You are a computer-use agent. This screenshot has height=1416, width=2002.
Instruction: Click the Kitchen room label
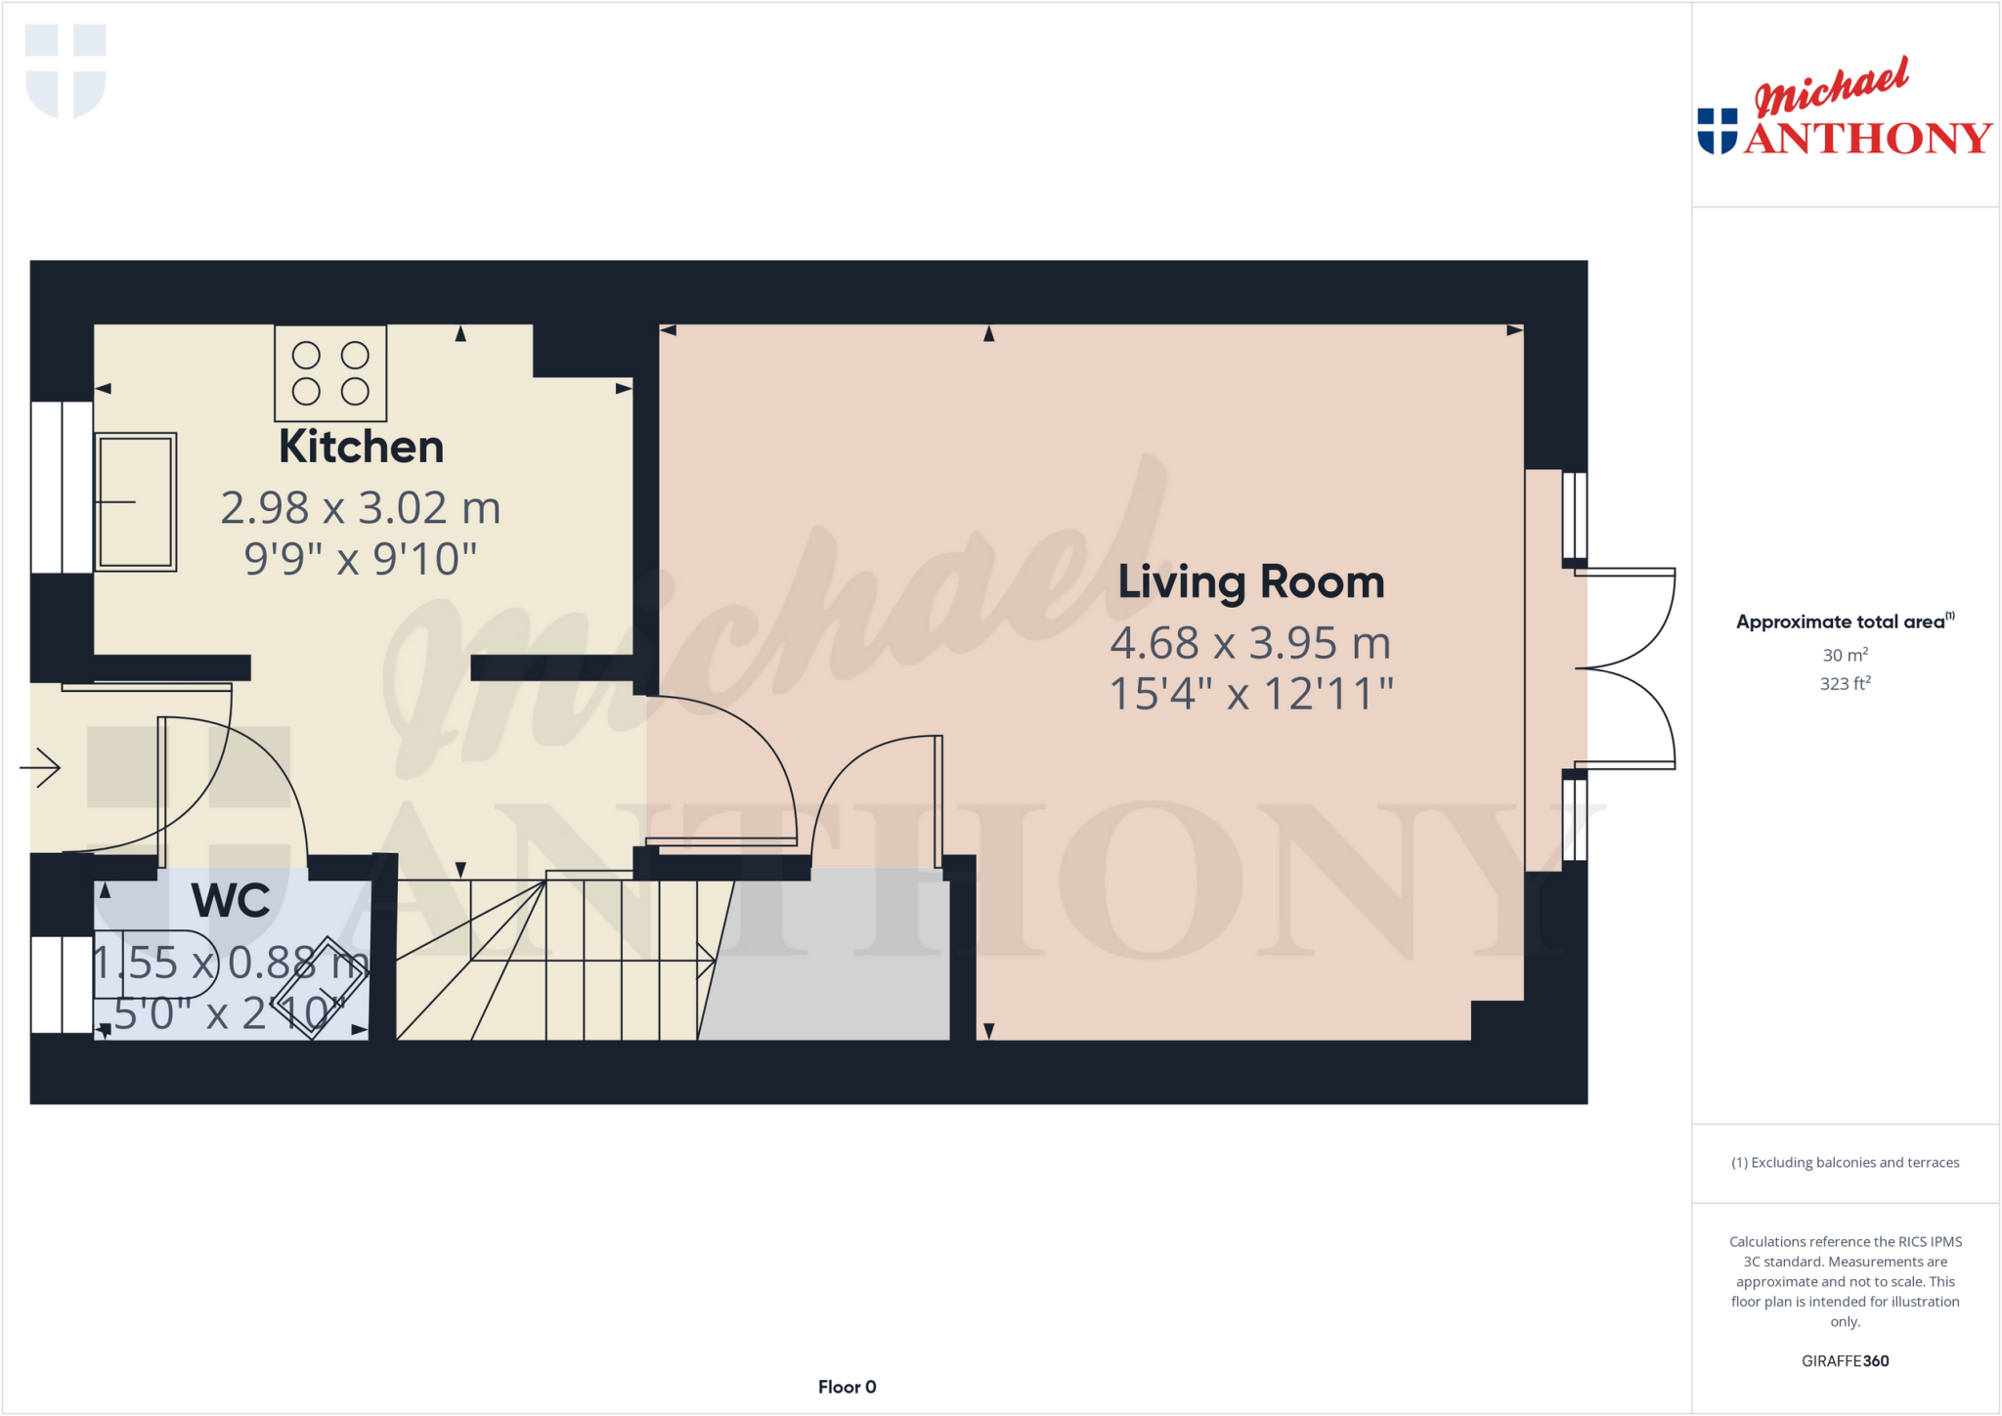361,447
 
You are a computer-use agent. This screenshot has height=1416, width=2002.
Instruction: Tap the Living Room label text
1250,582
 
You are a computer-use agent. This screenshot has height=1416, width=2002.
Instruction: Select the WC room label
231,900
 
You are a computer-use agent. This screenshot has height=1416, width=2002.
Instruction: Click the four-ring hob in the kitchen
330,373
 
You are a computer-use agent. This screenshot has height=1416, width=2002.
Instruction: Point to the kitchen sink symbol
136,501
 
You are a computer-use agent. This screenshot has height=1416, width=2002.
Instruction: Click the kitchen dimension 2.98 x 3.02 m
361,508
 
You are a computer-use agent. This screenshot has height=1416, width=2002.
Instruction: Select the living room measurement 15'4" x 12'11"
1250,695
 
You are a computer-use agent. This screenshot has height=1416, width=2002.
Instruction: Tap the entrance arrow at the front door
40,767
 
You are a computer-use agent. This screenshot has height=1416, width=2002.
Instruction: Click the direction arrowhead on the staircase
707,961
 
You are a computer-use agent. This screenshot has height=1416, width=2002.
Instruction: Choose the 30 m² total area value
1845,655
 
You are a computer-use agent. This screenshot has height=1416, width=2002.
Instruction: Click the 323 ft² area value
1845,683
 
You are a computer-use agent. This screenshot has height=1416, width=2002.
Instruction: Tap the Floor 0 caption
847,1387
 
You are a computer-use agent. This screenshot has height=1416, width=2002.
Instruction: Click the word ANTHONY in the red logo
1868,139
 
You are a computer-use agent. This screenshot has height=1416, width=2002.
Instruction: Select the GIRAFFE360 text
1845,1360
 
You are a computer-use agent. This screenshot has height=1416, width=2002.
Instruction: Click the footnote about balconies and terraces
1845,1162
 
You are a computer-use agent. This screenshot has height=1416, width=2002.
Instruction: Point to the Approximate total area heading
1840,622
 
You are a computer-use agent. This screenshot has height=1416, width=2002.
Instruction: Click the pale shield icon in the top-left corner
65,70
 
